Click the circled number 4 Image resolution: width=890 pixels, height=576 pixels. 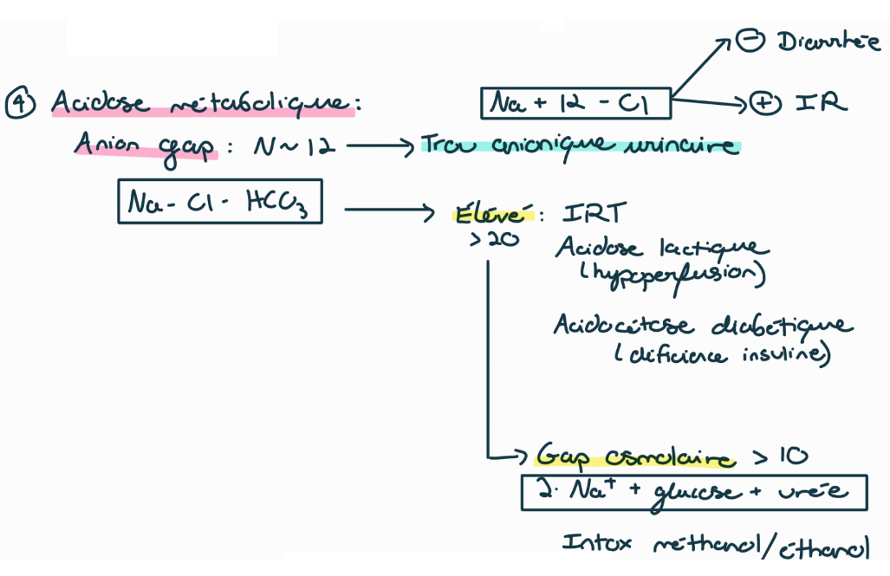21,103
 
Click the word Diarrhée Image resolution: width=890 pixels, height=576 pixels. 828,42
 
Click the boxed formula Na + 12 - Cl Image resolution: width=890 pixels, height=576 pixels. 576,104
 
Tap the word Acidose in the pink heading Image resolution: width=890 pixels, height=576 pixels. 98,103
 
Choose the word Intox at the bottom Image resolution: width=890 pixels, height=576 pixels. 597,544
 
